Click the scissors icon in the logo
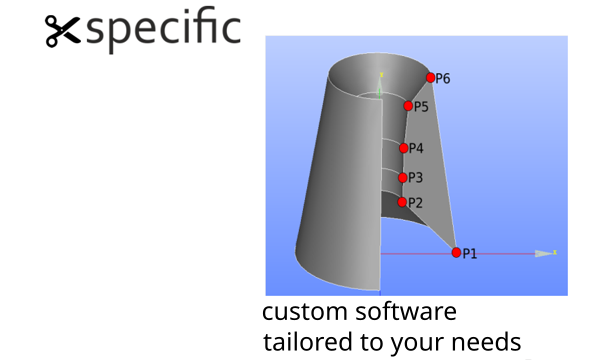[x=63, y=31]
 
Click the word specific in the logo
[x=163, y=29]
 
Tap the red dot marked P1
[x=456, y=252]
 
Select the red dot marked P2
[x=402, y=202]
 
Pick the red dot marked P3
[x=403, y=178]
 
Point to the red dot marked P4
[x=404, y=148]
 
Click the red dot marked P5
[x=408, y=106]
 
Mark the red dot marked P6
[x=430, y=78]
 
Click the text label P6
[x=443, y=79]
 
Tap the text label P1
[x=470, y=254]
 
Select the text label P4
[x=416, y=148]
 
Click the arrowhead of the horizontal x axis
[x=543, y=253]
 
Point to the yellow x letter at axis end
[x=555, y=252]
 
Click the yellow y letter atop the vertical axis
[x=381, y=75]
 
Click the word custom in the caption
[x=305, y=311]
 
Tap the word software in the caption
[x=406, y=311]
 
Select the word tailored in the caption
[x=308, y=341]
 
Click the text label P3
[x=416, y=178]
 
